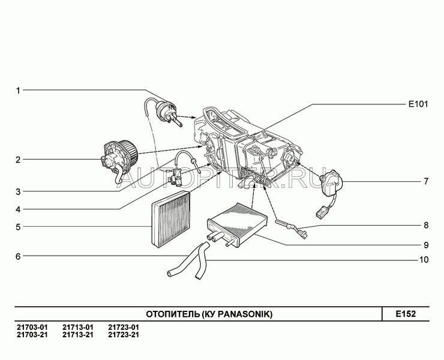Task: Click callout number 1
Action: point(18,90)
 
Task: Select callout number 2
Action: point(18,160)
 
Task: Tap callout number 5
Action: point(18,227)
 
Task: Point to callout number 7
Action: point(425,181)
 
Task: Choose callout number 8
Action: point(425,226)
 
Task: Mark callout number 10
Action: point(424,260)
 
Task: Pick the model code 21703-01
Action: point(29,326)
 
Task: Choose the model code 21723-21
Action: point(124,334)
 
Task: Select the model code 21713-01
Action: point(77,326)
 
